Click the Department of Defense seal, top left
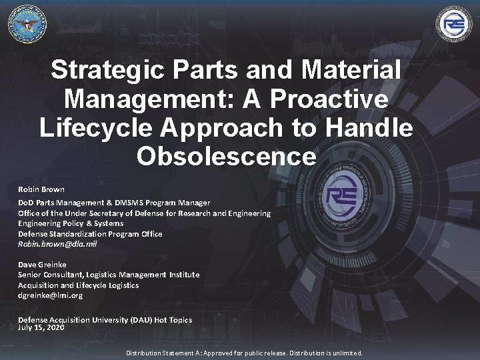[27, 24]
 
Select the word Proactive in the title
[331, 99]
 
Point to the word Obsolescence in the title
[226, 157]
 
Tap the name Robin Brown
[41, 189]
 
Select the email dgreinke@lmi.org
[50, 295]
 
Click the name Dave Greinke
[42, 265]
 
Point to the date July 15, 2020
[41, 327]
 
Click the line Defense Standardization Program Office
[90, 234]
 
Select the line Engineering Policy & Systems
[71, 223]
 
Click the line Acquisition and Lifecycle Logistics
[79, 285]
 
